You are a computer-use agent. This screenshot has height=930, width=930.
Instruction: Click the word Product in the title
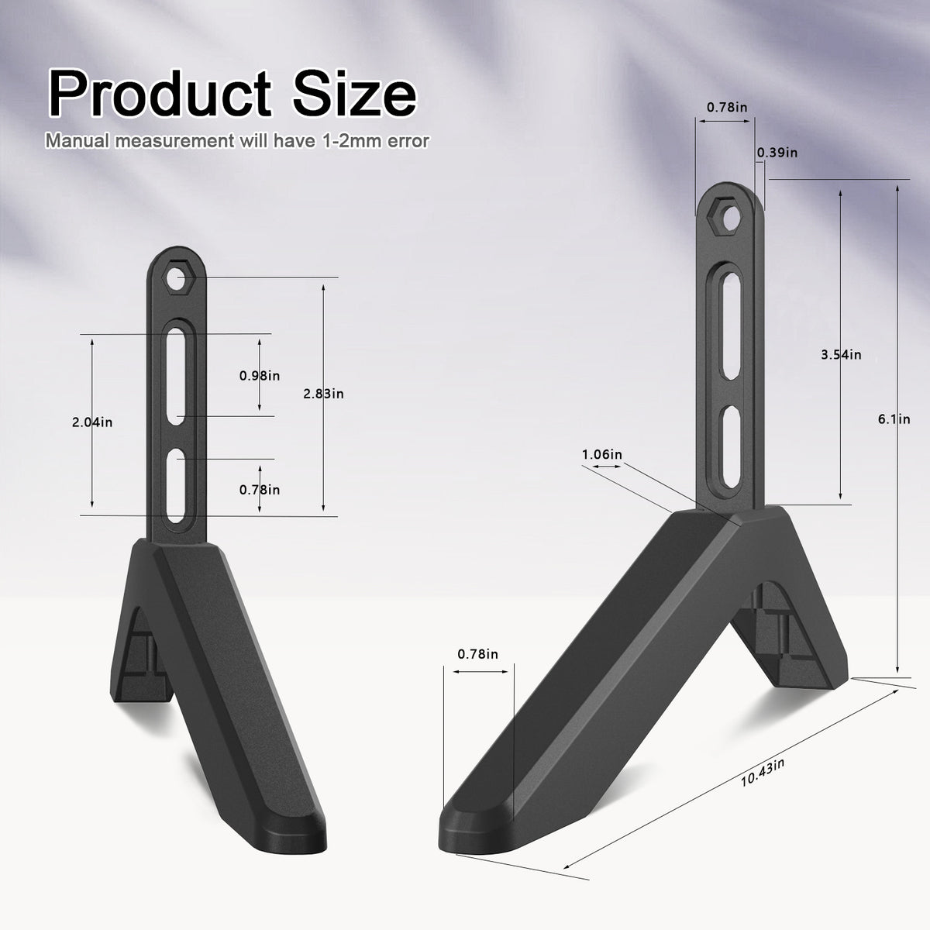click(x=154, y=94)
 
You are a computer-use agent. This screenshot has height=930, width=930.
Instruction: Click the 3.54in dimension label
click(x=841, y=355)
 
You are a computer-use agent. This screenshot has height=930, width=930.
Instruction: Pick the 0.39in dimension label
click(x=777, y=153)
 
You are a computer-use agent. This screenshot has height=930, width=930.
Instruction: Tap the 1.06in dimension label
click(x=602, y=454)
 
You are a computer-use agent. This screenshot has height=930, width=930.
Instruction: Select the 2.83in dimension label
click(x=324, y=394)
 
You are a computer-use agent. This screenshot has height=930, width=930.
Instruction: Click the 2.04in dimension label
click(x=92, y=422)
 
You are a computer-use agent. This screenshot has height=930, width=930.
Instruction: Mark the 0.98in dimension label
click(x=260, y=376)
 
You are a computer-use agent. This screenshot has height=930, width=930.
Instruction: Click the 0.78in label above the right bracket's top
click(x=727, y=108)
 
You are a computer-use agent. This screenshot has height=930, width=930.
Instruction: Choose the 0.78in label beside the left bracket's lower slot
click(x=260, y=490)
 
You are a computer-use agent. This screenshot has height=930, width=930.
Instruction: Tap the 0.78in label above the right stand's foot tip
click(x=477, y=654)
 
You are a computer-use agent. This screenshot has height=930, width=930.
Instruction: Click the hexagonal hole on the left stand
click(x=179, y=278)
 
